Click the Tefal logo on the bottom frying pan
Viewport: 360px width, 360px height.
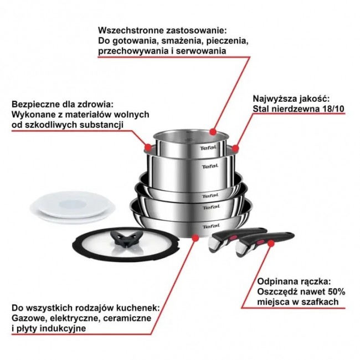click(210, 226)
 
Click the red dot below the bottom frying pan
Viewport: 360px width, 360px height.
click(195, 238)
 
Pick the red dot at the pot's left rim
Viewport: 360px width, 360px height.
click(147, 147)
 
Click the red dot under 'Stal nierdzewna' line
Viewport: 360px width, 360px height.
click(235, 148)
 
